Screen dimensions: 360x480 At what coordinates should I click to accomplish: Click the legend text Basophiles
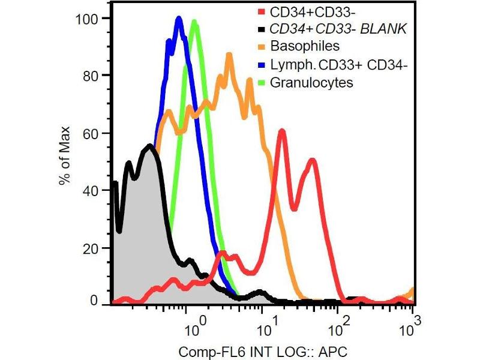305,46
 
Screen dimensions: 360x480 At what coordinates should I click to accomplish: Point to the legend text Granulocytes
311,83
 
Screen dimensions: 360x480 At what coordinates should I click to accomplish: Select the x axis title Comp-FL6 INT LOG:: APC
263,350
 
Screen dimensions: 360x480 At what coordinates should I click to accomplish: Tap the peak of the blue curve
179,19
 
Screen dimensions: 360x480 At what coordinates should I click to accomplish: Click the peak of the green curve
194,22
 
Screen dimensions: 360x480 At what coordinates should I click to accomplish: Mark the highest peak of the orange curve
229,55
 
